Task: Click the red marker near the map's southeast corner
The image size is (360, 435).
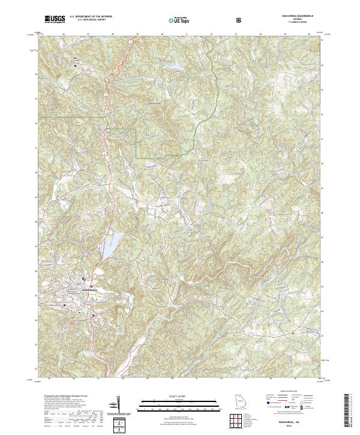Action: point(293,332)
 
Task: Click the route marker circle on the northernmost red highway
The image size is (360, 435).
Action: point(106,95)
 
